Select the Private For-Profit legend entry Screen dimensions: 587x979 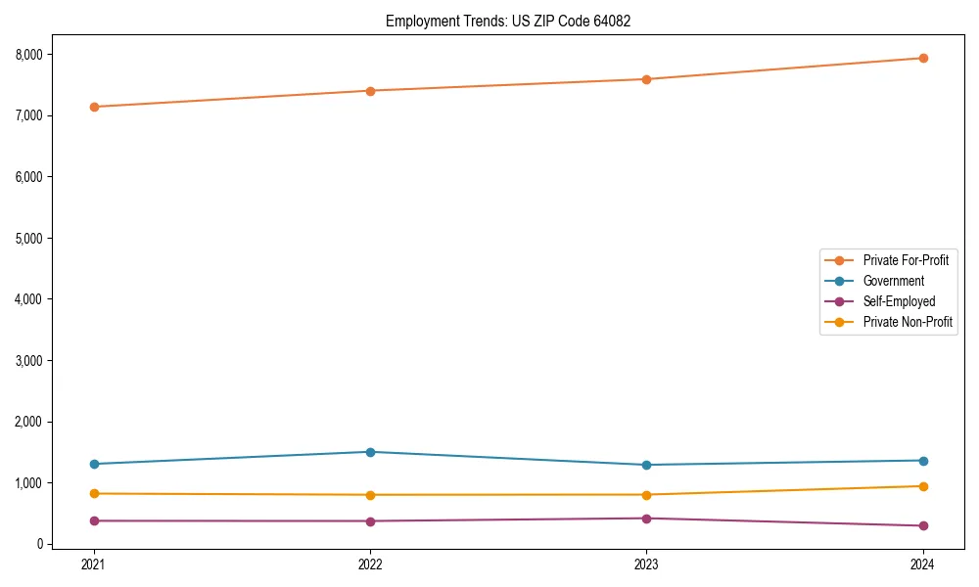pyautogui.click(x=905, y=260)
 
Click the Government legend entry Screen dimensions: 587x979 pyautogui.click(x=893, y=281)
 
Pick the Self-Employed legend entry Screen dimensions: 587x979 pyautogui.click(x=899, y=301)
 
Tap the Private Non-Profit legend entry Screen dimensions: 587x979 pyautogui.click(x=908, y=322)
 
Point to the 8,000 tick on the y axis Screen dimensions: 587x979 pyautogui.click(x=28, y=55)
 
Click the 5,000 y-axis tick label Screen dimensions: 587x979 pyautogui.click(x=28, y=238)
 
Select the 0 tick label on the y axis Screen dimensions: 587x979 pyautogui.click(x=40, y=544)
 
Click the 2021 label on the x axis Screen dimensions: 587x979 pyautogui.click(x=94, y=564)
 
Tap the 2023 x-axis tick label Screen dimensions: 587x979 pyautogui.click(x=646, y=564)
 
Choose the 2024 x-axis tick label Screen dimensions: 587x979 pyautogui.click(x=922, y=564)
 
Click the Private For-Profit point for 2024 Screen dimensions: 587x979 pyautogui.click(x=922, y=58)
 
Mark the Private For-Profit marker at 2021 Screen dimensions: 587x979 pyautogui.click(x=94, y=107)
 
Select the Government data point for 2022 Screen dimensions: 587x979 pyautogui.click(x=370, y=452)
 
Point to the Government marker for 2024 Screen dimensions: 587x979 pyautogui.click(x=922, y=461)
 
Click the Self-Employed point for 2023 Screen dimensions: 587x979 pyautogui.click(x=646, y=519)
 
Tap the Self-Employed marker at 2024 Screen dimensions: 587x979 pyautogui.click(x=922, y=525)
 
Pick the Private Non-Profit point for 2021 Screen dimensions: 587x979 pyautogui.click(x=94, y=493)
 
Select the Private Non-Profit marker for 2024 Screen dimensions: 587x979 pyautogui.click(x=922, y=486)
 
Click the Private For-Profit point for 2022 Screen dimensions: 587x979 pyautogui.click(x=370, y=91)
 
